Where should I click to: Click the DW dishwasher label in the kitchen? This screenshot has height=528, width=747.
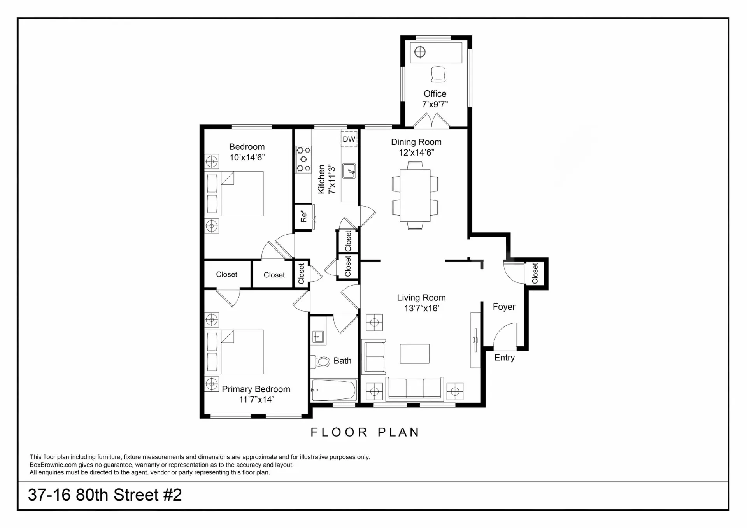point(349,139)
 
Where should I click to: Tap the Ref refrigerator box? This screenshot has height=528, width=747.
point(303,217)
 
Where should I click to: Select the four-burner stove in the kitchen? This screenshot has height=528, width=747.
point(303,159)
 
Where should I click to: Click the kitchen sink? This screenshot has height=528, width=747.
point(349,171)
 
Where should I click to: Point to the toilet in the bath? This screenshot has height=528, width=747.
point(321,362)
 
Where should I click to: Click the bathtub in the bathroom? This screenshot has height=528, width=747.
point(334,390)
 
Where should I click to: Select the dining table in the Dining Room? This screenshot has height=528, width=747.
point(415,195)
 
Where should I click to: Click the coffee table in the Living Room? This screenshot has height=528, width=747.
point(415,353)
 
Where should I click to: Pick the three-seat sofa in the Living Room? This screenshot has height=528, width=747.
point(415,388)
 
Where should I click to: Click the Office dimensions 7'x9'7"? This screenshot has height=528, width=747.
point(435,104)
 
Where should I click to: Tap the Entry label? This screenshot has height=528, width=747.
point(504,358)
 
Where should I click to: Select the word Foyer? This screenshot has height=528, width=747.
point(504,307)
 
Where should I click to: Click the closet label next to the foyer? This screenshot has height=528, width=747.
point(535,273)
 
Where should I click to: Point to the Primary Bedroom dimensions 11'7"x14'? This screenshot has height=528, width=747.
point(256,400)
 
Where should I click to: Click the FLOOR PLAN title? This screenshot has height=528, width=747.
point(365,432)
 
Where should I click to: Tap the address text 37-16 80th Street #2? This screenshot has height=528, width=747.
point(105,495)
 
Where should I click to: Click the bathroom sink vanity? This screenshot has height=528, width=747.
point(318,336)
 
